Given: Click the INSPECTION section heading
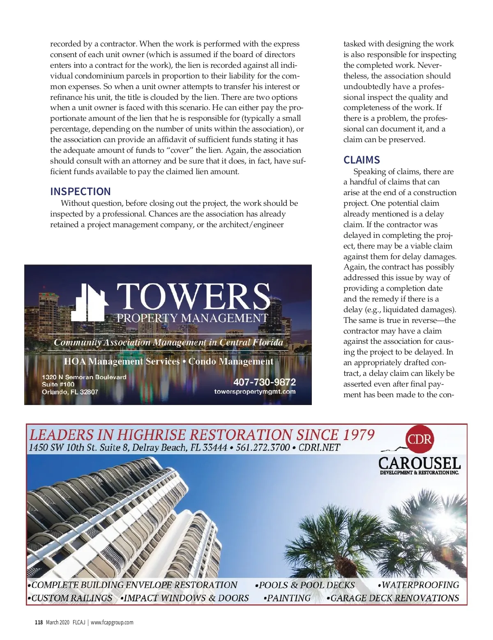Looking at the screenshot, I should pyautogui.click(x=81, y=191).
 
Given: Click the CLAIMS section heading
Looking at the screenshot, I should pyautogui.click(x=362, y=160).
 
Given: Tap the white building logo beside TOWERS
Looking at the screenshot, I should pyautogui.click(x=90, y=302).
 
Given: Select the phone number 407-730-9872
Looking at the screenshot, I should pyautogui.click(x=265, y=382).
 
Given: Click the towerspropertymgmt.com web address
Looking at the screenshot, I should pyautogui.click(x=255, y=391).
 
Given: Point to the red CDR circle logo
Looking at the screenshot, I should pyautogui.click(x=419, y=439).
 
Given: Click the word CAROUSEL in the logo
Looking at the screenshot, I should pyautogui.click(x=419, y=463).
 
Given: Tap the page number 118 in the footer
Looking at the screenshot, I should pyautogui.click(x=39, y=622).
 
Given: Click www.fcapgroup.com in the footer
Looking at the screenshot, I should pyautogui.click(x=112, y=622).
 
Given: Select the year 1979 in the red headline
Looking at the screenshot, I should pyautogui.click(x=359, y=435).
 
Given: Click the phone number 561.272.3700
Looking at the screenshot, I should pyautogui.click(x=263, y=447).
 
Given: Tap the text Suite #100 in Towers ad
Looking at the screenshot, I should pyautogui.click(x=58, y=384).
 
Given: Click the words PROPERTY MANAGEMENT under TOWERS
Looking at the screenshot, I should pyautogui.click(x=192, y=318).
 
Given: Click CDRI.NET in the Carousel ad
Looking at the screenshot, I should pyautogui.click(x=320, y=447).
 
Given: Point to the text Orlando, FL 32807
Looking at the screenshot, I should pyautogui.click(x=70, y=392).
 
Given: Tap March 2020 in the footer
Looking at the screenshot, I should pyautogui.click(x=58, y=622).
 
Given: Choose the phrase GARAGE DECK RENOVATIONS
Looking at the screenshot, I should pyautogui.click(x=394, y=598).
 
